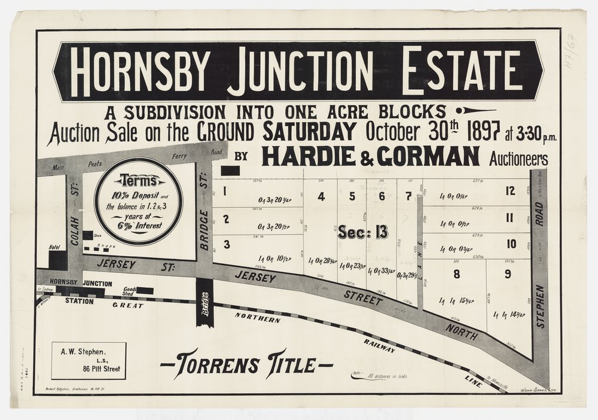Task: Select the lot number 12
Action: click(509, 191)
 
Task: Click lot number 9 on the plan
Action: click(508, 275)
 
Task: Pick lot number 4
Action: click(322, 196)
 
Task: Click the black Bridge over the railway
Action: click(205, 302)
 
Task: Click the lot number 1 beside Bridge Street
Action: click(225, 192)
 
